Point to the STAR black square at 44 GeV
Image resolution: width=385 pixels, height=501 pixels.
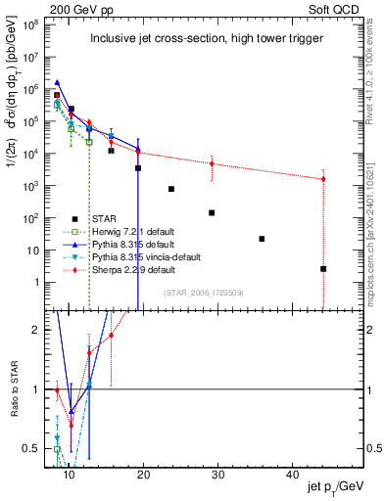point(323,268)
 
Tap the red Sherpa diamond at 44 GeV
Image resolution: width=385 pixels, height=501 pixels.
point(323,179)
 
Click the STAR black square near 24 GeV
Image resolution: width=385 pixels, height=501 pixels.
point(171,189)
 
